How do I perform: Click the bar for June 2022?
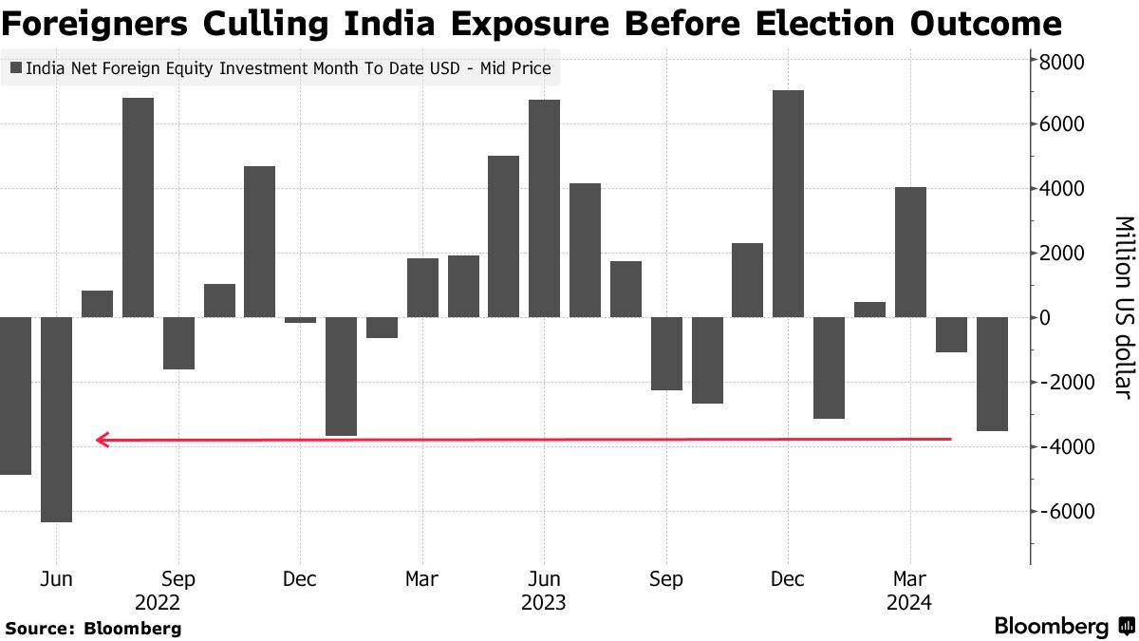click(56, 419)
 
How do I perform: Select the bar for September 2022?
click(178, 343)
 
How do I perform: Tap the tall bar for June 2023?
click(544, 208)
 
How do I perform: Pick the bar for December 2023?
click(788, 203)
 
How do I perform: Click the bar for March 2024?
click(910, 252)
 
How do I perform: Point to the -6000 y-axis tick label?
click(1060, 511)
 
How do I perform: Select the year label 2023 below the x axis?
click(544, 602)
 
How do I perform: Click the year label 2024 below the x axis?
click(909, 602)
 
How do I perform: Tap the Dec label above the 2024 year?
click(788, 579)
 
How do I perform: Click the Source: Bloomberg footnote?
click(93, 628)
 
